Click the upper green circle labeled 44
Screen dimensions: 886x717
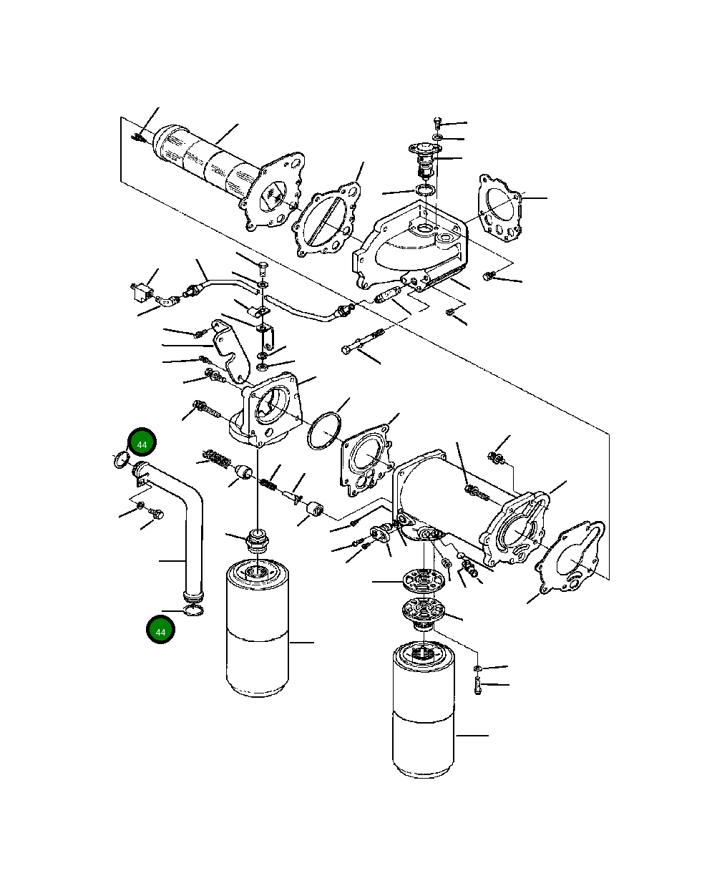coord(142,444)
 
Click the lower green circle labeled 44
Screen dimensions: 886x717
coord(160,631)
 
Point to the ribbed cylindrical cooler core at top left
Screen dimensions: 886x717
coord(208,163)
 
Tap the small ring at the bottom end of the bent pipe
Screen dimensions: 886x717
coord(192,610)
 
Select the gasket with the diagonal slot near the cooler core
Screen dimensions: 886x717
coord(326,219)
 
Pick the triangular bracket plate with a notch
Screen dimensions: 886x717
coord(230,351)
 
